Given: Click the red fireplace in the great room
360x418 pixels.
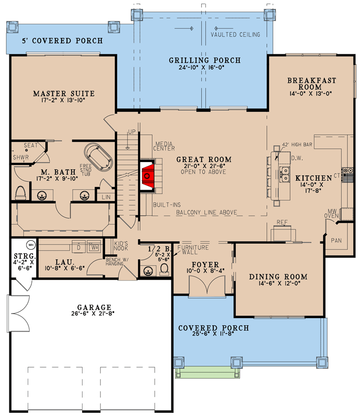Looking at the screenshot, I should [147, 176].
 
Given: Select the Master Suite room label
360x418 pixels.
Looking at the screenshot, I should [64, 94].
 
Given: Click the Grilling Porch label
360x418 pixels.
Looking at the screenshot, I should [204, 61].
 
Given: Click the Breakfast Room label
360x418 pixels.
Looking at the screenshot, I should [311, 84].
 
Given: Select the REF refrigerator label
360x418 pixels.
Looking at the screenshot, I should [283, 222].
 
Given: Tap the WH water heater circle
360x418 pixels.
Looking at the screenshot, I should [30, 244].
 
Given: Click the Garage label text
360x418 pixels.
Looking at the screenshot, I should [95, 307].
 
